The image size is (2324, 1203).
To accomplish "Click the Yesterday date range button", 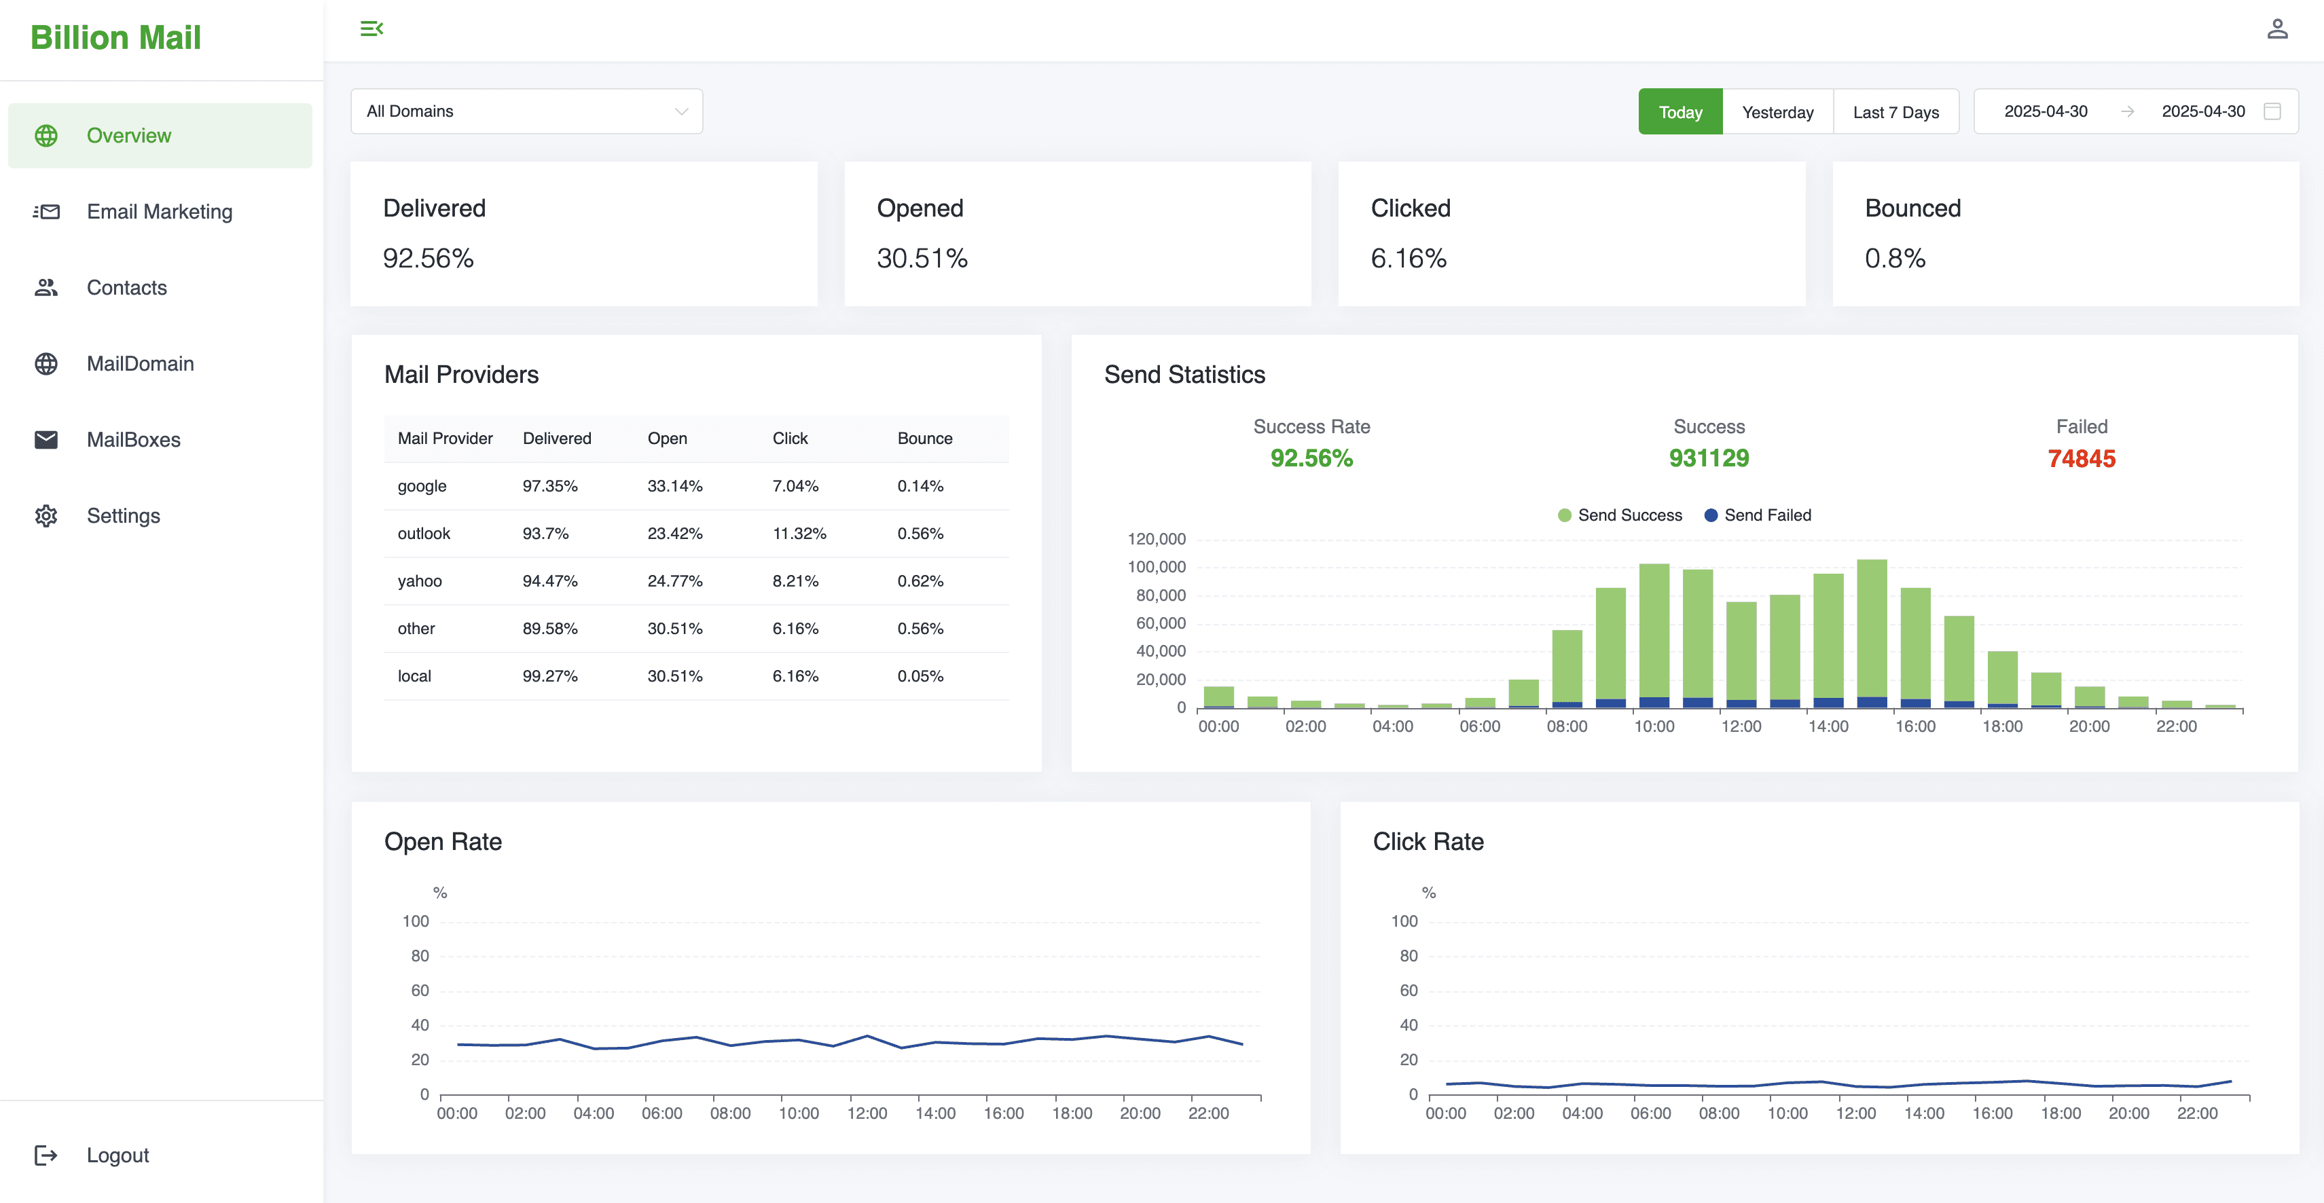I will [x=1777, y=112].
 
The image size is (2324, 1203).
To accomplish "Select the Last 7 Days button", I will [x=1895, y=112].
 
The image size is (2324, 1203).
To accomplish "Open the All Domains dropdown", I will [x=526, y=111].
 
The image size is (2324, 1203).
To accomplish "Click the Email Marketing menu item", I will [x=159, y=212].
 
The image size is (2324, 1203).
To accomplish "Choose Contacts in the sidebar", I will [x=126, y=288].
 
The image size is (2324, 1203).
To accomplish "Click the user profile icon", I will [x=2277, y=30].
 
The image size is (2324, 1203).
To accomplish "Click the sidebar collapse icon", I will [x=371, y=29].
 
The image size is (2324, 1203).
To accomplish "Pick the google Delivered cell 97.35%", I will [x=549, y=486].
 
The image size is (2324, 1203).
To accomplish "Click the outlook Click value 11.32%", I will [x=799, y=534].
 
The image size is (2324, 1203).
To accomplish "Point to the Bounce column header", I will [x=924, y=439].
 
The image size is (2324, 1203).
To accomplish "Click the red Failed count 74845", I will [x=2080, y=459].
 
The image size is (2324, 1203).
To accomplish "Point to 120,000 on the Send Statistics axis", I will [x=1156, y=539].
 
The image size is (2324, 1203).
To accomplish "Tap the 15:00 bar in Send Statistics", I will [x=1871, y=631].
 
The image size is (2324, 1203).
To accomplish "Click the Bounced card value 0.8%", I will [x=1895, y=259].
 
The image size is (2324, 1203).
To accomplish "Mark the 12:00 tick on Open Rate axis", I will [x=866, y=1113].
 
